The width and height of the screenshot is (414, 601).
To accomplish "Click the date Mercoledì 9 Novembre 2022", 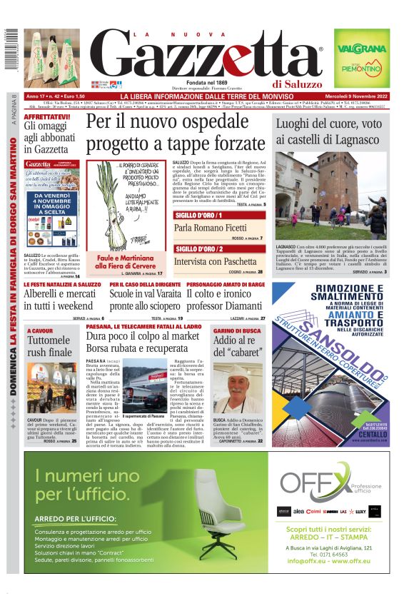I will coord(352,96).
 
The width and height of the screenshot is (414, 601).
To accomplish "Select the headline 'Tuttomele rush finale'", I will coord(49,346).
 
